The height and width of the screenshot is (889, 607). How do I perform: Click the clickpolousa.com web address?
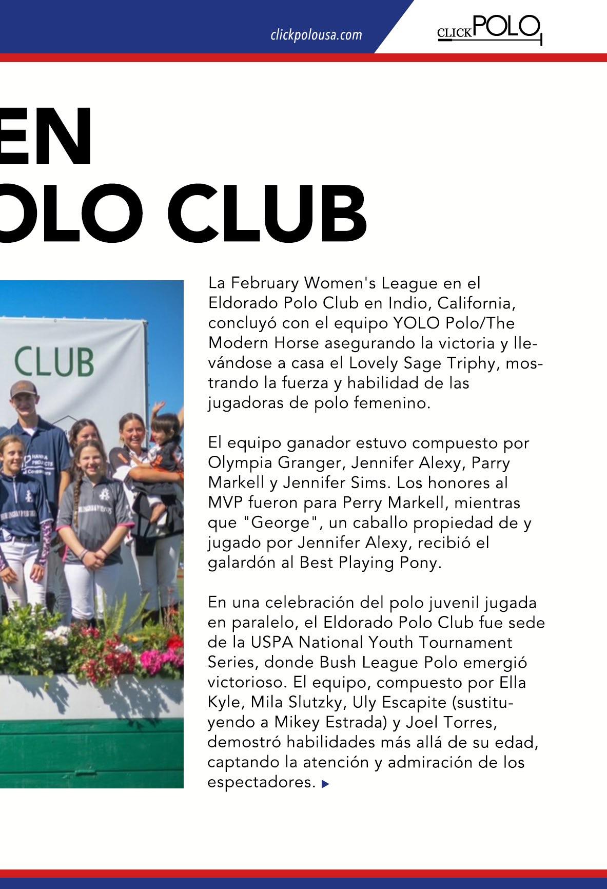coord(316,35)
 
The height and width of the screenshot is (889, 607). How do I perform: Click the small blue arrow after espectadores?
coord(325,784)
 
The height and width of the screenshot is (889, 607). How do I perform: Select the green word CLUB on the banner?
coord(54,361)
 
